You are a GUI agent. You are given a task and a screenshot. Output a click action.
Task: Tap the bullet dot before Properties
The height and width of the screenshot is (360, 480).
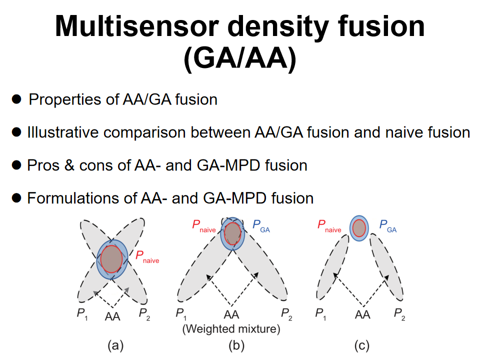17,99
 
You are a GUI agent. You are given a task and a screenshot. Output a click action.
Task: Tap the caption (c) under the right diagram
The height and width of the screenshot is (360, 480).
361,344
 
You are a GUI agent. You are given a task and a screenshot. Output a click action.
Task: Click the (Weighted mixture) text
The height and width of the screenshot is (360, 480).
231,329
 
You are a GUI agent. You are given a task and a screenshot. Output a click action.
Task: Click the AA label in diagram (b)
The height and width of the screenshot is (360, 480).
231,314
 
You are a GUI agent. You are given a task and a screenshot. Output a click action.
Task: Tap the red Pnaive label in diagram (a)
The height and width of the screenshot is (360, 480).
147,257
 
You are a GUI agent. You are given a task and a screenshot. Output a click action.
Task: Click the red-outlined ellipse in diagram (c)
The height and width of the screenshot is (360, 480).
359,228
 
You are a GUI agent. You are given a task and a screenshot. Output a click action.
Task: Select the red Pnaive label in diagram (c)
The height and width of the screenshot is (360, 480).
328,226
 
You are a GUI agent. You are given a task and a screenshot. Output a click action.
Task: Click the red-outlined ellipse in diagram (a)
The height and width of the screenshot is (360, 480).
112,258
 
